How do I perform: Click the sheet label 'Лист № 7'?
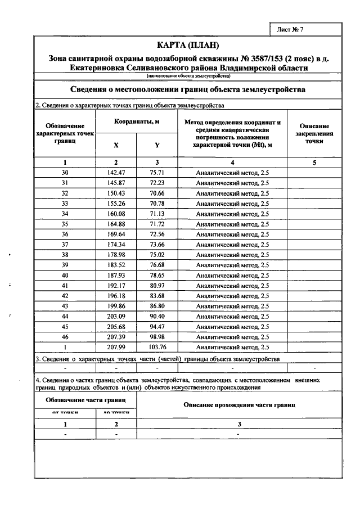290,29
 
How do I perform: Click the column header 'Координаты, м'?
137,122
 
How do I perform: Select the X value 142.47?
116,173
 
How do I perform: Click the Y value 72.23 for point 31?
157,183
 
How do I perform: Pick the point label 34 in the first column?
65,214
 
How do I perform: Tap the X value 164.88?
116,224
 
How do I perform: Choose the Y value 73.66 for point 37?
157,244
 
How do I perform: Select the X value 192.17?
116,285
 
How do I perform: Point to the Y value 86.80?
157,306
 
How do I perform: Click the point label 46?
65,336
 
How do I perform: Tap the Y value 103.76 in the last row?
157,347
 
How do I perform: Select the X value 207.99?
116,347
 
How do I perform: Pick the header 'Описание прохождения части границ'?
239,405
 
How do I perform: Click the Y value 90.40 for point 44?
157,316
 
